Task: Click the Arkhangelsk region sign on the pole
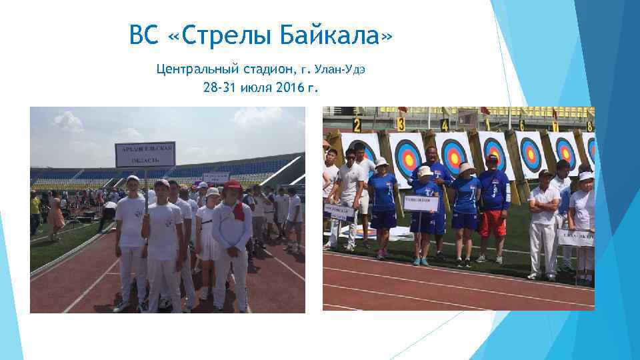point(145,154)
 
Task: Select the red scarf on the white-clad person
point(239,211)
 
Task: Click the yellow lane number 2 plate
point(357,124)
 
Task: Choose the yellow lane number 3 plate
point(401,124)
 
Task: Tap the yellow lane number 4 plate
point(444,125)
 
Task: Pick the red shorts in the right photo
point(494,223)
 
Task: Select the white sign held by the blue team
point(421,203)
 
